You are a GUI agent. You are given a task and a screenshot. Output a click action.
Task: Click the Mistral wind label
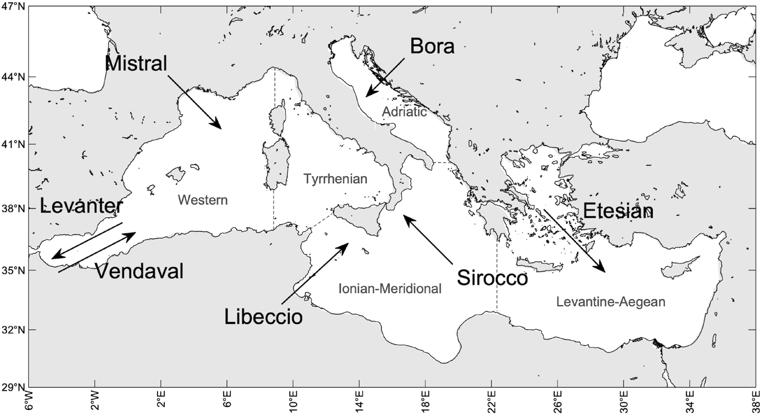click(x=136, y=64)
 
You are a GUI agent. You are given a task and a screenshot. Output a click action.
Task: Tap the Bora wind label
click(x=432, y=46)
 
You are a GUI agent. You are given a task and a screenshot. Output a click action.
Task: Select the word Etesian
click(x=618, y=211)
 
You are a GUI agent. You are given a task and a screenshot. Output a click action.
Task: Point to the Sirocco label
click(x=492, y=278)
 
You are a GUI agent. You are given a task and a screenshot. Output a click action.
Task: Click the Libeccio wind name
click(x=263, y=317)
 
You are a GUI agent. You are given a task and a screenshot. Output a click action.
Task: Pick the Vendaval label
click(x=139, y=271)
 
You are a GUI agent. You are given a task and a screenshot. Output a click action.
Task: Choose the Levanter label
click(x=81, y=206)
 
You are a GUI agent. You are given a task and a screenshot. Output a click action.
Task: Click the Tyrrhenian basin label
click(x=335, y=179)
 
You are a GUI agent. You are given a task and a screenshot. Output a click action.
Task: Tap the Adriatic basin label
click(x=404, y=112)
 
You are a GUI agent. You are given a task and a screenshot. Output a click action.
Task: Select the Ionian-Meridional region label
click(x=390, y=289)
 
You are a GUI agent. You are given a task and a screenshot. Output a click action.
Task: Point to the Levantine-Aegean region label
click(x=611, y=302)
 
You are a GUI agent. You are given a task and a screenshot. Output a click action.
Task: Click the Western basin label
click(x=203, y=200)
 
